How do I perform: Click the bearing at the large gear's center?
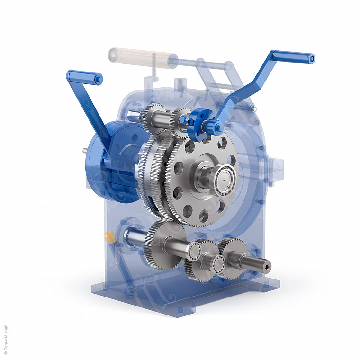(x=225, y=180)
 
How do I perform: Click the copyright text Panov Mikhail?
(x=6, y=339)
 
